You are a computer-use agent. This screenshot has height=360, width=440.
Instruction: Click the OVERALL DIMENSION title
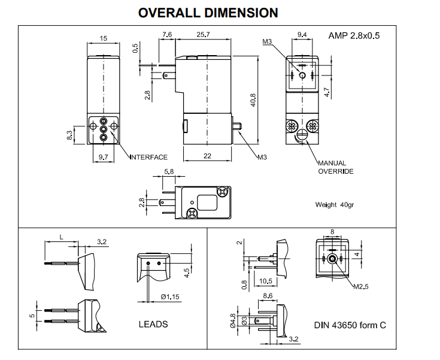click(x=208, y=12)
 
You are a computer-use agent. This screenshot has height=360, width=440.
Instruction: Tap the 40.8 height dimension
click(x=253, y=99)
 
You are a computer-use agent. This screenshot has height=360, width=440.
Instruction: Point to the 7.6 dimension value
click(x=166, y=35)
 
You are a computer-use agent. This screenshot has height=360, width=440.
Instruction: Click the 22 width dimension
click(x=207, y=156)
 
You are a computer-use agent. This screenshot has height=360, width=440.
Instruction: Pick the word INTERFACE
click(x=149, y=158)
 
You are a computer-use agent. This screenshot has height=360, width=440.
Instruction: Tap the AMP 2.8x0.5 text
click(x=354, y=35)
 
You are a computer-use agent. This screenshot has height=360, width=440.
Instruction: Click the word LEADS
click(x=153, y=324)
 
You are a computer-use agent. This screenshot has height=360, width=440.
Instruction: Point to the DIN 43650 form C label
click(x=350, y=325)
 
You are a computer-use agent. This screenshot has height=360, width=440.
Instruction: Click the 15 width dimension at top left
click(x=104, y=39)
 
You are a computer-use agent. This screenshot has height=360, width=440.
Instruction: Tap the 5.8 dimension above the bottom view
click(x=168, y=172)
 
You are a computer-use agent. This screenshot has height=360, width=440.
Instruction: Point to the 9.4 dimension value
click(x=302, y=35)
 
